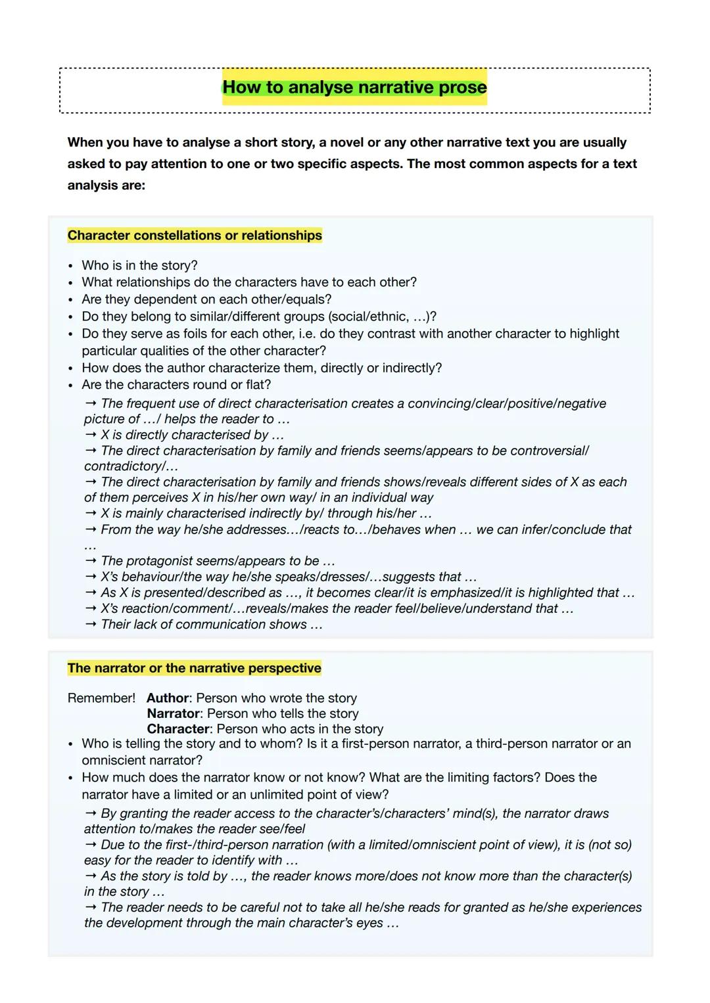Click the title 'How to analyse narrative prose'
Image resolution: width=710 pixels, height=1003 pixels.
point(354,87)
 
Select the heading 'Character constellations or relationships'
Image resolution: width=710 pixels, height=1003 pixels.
point(195,235)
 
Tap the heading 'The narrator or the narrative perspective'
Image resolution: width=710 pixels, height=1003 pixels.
point(194,668)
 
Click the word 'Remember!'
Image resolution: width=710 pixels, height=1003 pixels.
point(101,698)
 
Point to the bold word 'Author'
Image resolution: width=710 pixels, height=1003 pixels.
point(168,698)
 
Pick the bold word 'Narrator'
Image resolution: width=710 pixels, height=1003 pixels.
point(173,713)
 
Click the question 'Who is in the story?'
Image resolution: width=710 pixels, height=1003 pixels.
point(139,265)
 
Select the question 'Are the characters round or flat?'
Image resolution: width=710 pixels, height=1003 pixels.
point(176,384)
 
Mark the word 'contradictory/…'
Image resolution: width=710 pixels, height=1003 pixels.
point(131,466)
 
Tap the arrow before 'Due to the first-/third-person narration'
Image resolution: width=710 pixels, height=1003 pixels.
point(91,845)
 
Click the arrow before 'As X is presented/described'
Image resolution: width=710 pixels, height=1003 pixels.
point(91,592)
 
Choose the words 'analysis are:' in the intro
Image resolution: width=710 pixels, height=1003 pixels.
point(106,185)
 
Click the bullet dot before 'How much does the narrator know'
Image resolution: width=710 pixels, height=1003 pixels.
point(70,778)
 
